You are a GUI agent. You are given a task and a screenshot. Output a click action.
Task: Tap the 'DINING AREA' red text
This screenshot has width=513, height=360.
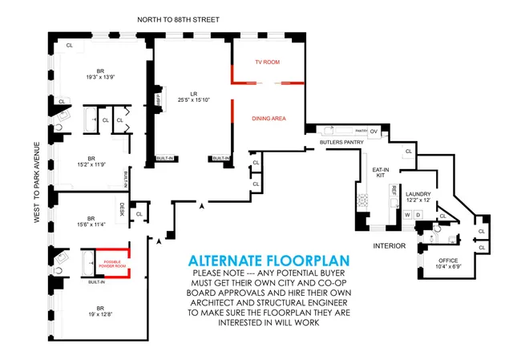pos(269,119)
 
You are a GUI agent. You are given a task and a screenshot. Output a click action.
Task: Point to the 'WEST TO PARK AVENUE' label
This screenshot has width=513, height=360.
pos(36,181)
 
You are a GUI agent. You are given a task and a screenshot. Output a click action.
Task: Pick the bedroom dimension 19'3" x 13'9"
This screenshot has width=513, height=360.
pos(96,77)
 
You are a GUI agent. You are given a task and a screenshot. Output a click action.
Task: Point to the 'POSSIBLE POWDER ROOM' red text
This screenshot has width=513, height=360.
pos(112,263)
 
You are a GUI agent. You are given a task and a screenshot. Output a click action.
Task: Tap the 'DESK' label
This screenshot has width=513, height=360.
pos(123,208)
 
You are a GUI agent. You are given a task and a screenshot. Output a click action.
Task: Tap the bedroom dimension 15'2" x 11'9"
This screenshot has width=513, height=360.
pos(91,164)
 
